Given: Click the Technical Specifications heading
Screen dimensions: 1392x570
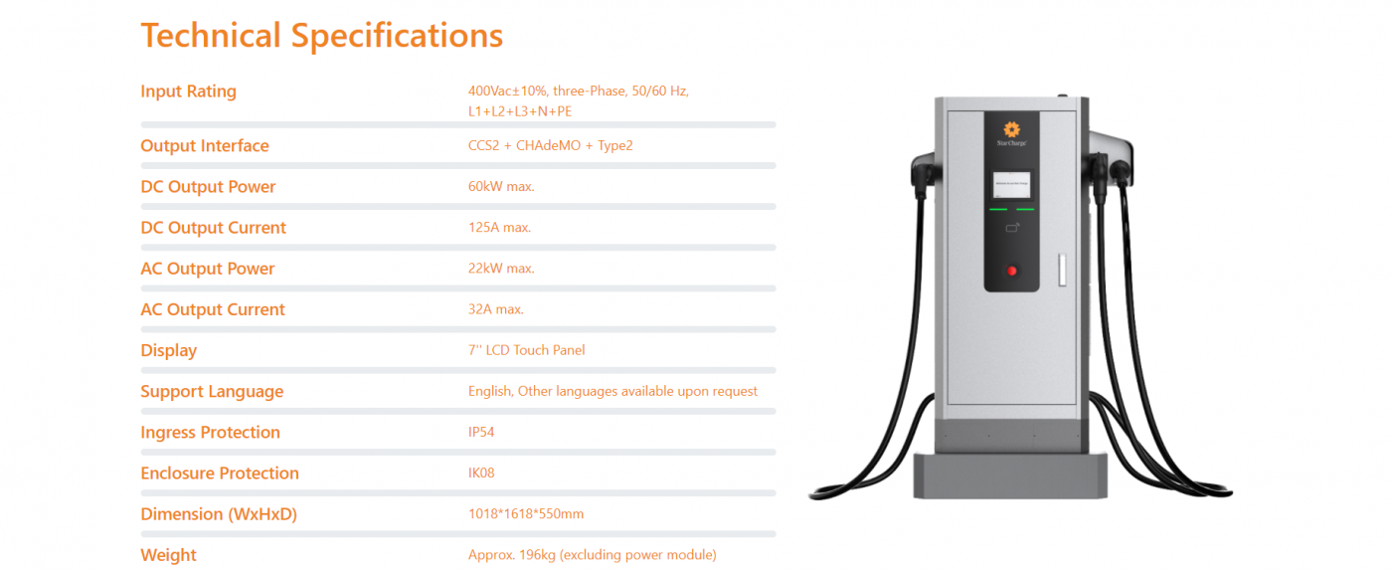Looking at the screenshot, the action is [321, 36].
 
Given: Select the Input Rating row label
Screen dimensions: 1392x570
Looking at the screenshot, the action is [188, 92].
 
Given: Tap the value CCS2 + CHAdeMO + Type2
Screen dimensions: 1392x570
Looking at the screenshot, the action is [550, 145].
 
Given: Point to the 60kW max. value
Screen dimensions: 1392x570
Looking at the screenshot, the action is [501, 186].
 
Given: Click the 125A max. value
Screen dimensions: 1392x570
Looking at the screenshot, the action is [499, 228].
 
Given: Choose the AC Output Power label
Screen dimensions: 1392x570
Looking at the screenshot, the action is [208, 269].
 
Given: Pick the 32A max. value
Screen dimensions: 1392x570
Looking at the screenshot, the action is [495, 309].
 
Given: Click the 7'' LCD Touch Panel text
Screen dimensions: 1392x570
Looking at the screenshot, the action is [526, 350].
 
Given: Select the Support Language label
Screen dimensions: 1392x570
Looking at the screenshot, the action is [212, 392].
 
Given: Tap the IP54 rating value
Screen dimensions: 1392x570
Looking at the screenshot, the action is [481, 432].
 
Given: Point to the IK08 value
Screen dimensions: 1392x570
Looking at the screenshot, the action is [481, 474].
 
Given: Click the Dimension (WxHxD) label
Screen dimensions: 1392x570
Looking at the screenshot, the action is [219, 514].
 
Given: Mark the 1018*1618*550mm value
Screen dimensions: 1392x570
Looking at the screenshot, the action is [526, 514].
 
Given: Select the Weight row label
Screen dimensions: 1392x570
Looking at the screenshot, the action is [168, 555].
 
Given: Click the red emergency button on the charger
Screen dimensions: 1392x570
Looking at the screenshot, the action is [1012, 271].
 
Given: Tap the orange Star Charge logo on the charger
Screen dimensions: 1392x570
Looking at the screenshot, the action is [1012, 129].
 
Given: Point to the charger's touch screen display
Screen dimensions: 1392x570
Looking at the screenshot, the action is [1011, 185].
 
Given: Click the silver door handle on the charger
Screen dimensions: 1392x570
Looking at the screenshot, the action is [1062, 270].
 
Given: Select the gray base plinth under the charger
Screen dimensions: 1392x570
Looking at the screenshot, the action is [1010, 475].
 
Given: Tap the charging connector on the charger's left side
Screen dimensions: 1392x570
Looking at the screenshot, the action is [923, 175].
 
